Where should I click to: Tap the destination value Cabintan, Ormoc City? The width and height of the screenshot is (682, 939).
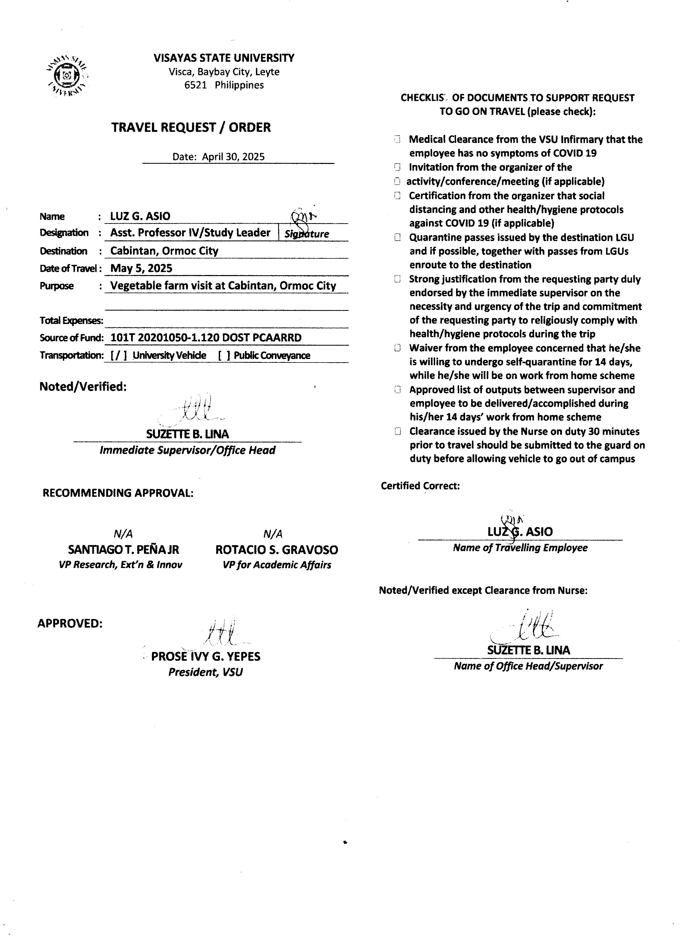(164, 251)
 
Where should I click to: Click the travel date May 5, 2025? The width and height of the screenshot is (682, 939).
(141, 268)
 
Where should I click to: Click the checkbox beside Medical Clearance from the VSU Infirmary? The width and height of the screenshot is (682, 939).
(397, 140)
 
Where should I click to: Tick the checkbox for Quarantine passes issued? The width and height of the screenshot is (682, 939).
(397, 238)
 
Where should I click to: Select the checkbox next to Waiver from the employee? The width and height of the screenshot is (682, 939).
(397, 348)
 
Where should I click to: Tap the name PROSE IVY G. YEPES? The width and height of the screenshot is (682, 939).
(206, 657)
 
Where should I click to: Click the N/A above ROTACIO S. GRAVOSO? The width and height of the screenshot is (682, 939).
(273, 534)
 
